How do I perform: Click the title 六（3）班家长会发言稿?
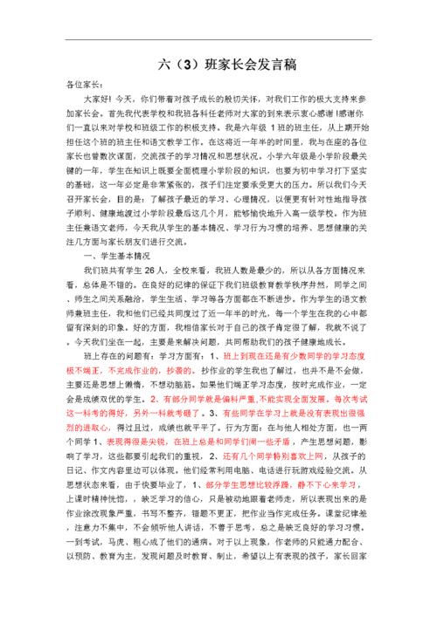pos(218,64)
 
